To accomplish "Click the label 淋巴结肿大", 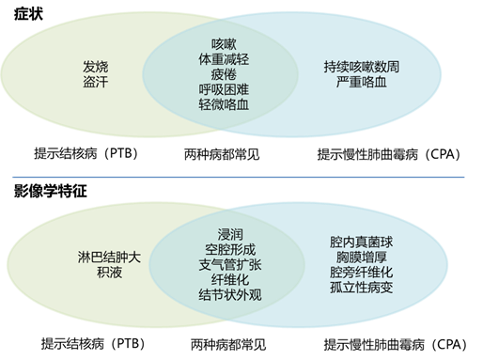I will tap(101, 257).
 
